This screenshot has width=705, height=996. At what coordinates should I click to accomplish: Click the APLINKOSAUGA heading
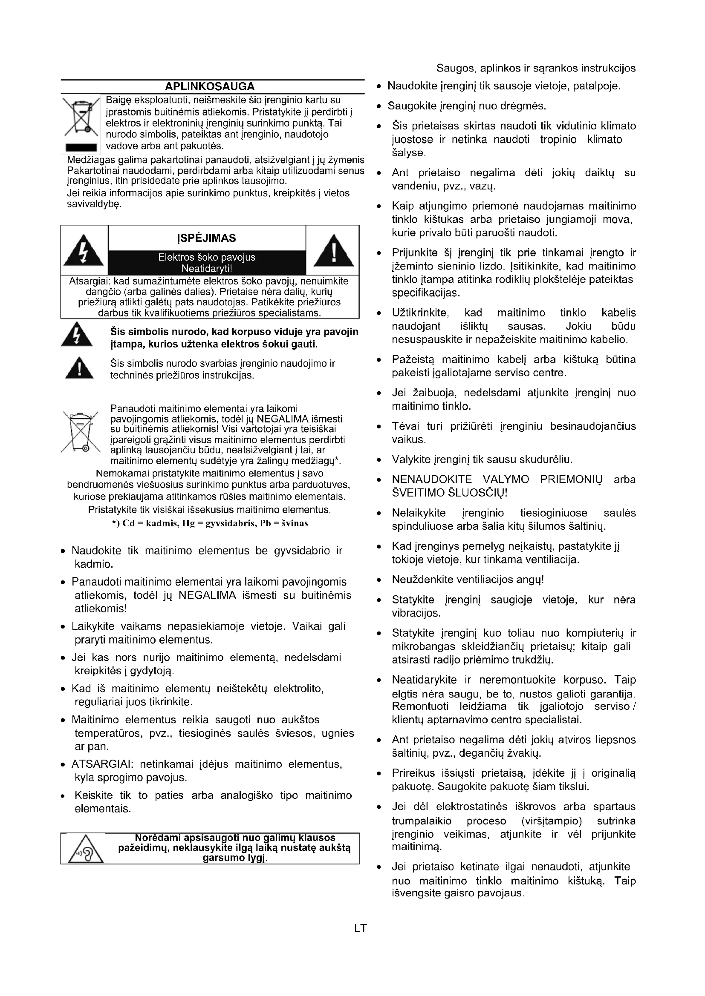pyautogui.click(x=210, y=86)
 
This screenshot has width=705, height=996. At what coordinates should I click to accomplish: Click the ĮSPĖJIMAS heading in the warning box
pyautogui.click(x=207, y=238)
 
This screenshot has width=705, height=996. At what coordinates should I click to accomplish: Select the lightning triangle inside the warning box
pyautogui.click(x=84, y=251)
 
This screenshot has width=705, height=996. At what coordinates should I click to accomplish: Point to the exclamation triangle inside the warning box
pyautogui.click(x=333, y=251)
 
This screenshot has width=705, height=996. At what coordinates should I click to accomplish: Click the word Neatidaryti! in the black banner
pyautogui.click(x=207, y=269)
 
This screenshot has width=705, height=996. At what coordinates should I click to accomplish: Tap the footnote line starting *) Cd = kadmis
pyautogui.click(x=210, y=523)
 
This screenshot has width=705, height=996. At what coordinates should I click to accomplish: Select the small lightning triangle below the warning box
pyautogui.click(x=77, y=335)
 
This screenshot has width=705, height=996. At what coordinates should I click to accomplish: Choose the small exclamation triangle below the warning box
pyautogui.click(x=78, y=368)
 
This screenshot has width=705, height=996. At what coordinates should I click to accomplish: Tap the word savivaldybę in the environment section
pyautogui.click(x=94, y=204)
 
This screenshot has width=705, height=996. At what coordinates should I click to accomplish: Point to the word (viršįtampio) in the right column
pyautogui.click(x=551, y=821)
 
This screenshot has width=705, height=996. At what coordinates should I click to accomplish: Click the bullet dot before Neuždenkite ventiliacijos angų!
pyautogui.click(x=379, y=580)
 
